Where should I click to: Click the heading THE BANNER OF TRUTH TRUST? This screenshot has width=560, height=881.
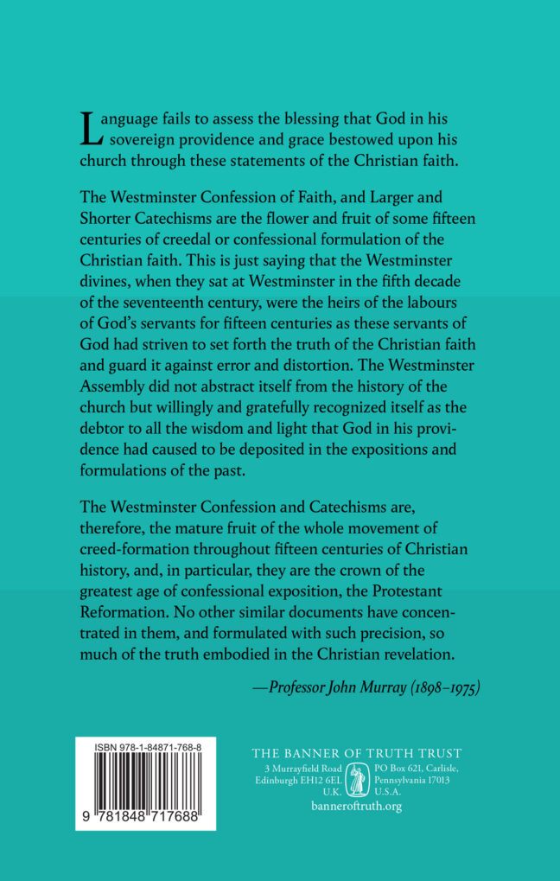point(356,753)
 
